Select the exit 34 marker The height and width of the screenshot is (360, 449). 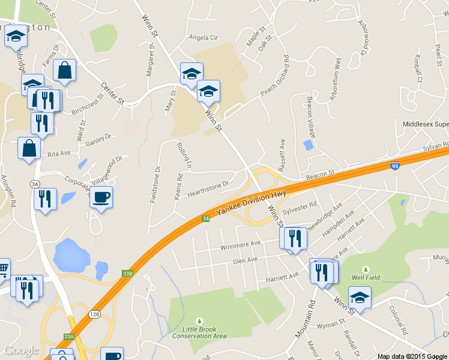click(x=206, y=219)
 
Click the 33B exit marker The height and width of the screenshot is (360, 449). click(x=127, y=272)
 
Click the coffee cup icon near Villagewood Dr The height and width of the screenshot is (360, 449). click(x=101, y=197)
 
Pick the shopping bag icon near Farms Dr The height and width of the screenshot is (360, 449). click(x=65, y=71)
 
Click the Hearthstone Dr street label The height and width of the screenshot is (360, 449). click(x=208, y=189)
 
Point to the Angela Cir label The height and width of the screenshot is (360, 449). click(x=203, y=37)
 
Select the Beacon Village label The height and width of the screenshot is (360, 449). click(x=310, y=115)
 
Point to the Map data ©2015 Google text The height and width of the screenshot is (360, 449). click(x=412, y=356)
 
